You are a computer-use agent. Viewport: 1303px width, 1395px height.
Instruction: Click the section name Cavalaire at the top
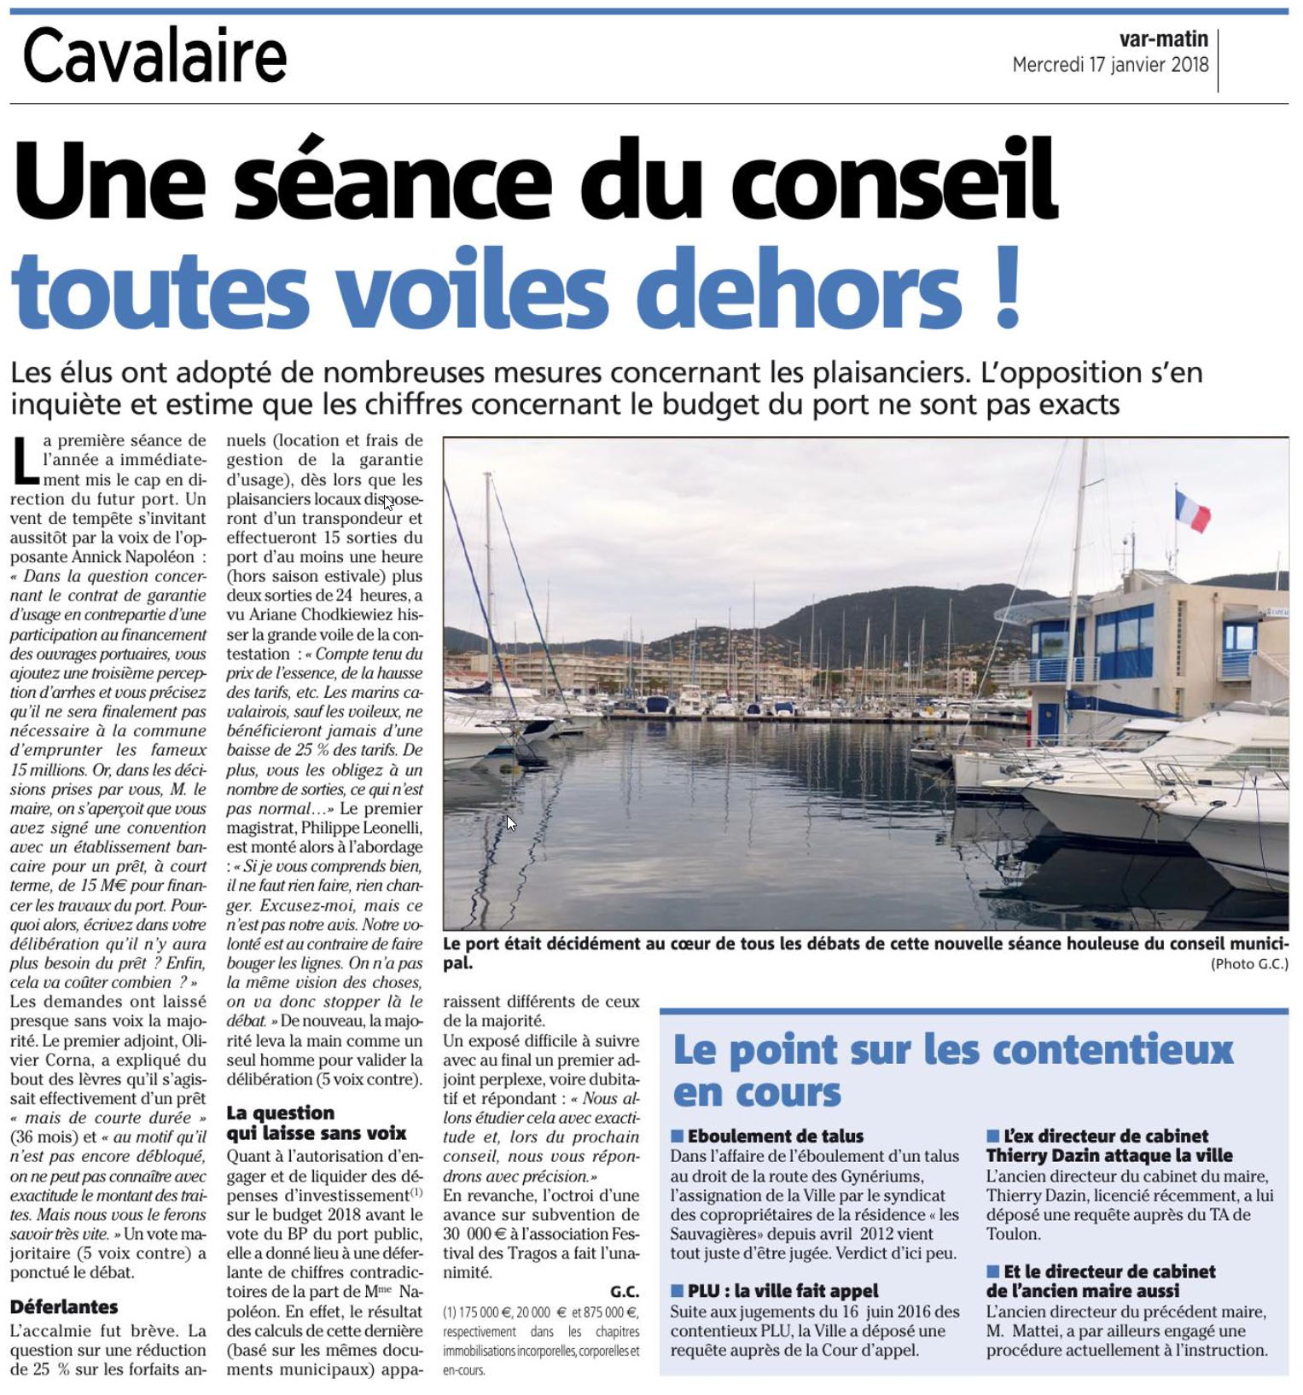tap(154, 55)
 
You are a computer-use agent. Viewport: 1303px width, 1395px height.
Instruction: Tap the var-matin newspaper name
tap(1163, 39)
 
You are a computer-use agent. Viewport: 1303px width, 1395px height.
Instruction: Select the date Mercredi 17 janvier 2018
tap(1110, 65)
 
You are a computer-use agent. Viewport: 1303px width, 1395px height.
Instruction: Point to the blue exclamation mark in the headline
tap(1007, 288)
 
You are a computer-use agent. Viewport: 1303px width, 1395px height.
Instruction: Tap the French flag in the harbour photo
tap(1191, 510)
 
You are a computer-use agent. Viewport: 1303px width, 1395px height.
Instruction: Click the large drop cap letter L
tap(25, 460)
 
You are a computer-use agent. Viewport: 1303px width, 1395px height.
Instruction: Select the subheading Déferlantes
tap(64, 1306)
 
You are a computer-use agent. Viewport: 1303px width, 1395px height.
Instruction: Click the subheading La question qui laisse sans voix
tap(316, 1123)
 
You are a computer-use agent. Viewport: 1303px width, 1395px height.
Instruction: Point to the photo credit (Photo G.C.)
tap(1248, 963)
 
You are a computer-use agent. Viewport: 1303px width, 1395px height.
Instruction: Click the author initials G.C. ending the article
tap(625, 1292)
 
